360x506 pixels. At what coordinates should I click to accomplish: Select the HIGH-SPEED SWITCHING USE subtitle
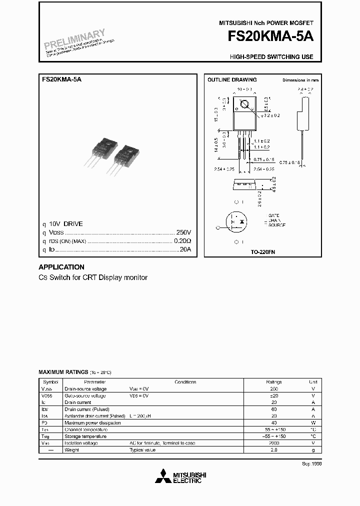(271, 57)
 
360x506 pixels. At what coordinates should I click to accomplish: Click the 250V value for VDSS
(183, 232)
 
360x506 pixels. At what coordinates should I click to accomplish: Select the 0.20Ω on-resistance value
(182, 240)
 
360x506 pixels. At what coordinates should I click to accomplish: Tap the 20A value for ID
(185, 249)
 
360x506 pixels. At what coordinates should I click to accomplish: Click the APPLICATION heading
(61, 267)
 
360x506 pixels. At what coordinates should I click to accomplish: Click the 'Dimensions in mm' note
(300, 80)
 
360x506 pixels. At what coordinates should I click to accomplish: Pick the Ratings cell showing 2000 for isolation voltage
(274, 443)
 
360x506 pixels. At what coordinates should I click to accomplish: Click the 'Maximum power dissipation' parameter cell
(92, 422)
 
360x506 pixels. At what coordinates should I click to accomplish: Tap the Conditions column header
(185, 381)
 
